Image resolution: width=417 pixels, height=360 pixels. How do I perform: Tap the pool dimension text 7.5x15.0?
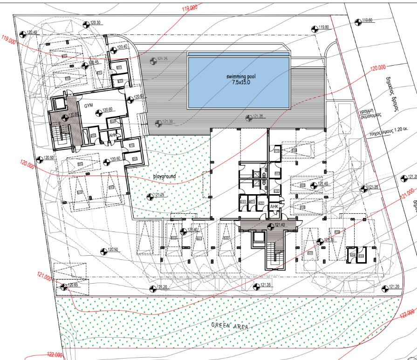(x=241, y=82)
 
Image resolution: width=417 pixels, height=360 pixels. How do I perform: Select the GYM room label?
(x=89, y=106)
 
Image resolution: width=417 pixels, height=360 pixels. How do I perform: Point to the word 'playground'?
(x=164, y=177)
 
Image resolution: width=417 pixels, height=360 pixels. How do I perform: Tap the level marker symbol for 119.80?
(x=314, y=27)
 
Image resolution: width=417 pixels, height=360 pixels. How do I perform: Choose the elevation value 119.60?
(x=367, y=20)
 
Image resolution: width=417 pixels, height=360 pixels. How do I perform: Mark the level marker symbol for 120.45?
(x=85, y=66)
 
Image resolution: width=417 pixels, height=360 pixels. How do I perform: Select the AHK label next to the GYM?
(x=112, y=136)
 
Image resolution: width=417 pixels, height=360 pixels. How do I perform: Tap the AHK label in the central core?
(x=274, y=206)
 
